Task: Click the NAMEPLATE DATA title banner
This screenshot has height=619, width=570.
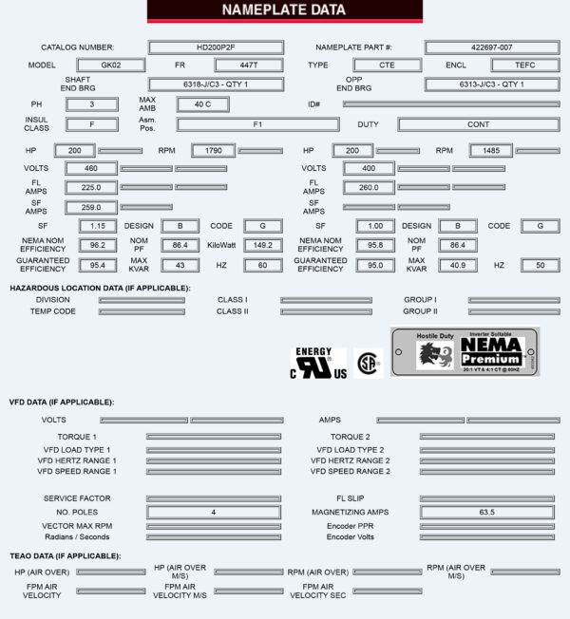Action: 284,10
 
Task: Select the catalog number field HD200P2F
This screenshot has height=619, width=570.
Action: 216,47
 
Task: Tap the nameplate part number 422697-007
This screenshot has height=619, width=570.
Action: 491,47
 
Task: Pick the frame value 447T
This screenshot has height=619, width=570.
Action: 249,66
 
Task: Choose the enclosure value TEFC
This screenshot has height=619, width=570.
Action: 524,66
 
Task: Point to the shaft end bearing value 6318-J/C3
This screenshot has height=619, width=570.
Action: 216,84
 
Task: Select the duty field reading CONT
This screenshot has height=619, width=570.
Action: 478,124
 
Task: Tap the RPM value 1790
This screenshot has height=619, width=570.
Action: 213,150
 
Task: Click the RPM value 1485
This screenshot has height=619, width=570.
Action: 491,150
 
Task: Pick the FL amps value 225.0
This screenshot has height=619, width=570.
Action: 91,188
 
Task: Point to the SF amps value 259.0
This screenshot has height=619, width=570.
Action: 91,207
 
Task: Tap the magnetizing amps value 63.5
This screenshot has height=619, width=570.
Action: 485,512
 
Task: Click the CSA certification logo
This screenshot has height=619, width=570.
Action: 368,363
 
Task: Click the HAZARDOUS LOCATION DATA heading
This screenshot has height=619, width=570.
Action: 100,287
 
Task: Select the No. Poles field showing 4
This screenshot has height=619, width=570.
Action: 213,512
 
